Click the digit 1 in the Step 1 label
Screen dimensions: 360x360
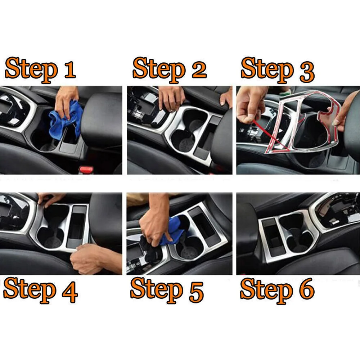70,69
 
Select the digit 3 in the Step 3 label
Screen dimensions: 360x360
307,72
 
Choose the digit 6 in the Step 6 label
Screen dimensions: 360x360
307,288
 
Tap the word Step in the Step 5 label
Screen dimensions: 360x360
157,290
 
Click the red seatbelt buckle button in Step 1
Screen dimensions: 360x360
86,170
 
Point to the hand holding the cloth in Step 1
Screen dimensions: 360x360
67,101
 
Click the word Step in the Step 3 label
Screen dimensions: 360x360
267,70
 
